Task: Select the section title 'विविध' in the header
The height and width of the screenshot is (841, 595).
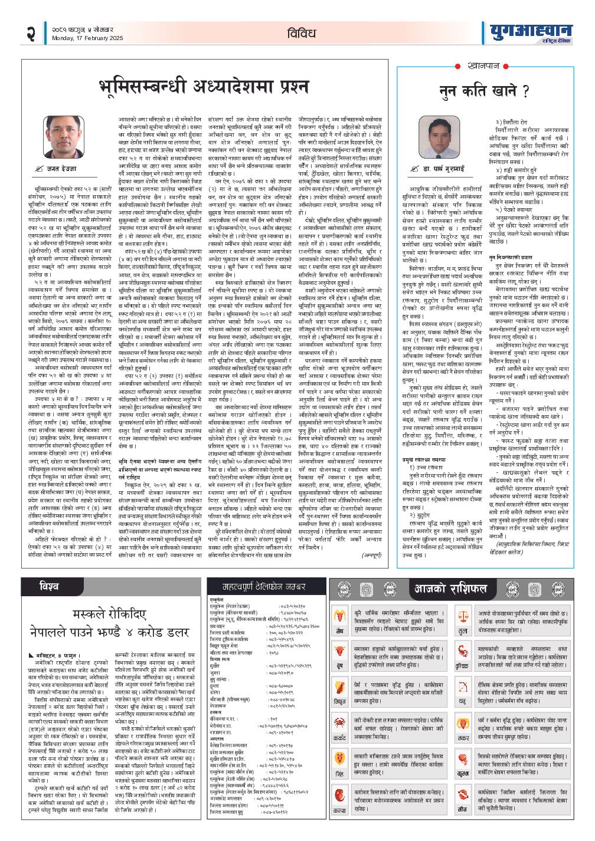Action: [x=302, y=34]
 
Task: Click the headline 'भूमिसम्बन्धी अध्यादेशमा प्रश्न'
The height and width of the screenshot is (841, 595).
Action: [x=203, y=85]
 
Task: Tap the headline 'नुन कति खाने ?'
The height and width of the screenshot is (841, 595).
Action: [x=483, y=91]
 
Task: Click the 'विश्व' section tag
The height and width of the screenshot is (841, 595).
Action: [x=49, y=587]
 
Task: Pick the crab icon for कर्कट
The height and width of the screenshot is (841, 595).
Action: [x=340, y=721]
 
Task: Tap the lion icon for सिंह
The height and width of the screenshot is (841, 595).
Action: [x=340, y=757]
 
